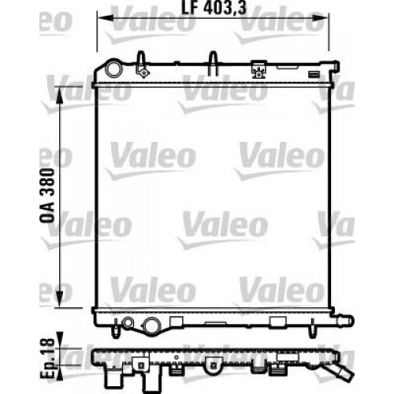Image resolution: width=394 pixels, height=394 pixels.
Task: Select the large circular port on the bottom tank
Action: (x=151, y=322)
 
